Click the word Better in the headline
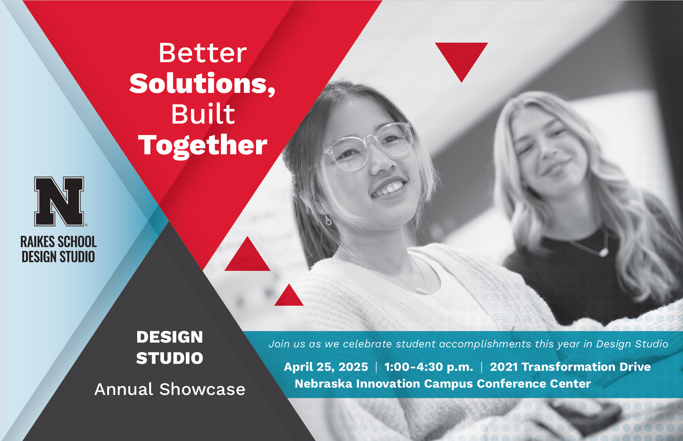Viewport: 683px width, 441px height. (x=203, y=53)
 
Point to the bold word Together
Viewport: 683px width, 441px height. (x=203, y=146)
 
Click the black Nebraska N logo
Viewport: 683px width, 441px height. (x=59, y=201)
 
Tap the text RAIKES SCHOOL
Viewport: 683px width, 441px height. (x=59, y=242)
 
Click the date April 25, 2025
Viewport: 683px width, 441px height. (x=326, y=367)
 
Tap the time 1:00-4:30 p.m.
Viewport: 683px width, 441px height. (x=428, y=367)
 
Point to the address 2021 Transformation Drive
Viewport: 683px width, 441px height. (x=570, y=367)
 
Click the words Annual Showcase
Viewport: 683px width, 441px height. (x=170, y=389)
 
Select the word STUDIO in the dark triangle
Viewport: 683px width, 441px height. (x=170, y=358)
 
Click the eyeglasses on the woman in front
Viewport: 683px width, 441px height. (x=368, y=147)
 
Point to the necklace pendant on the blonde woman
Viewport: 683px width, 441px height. (x=603, y=252)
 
